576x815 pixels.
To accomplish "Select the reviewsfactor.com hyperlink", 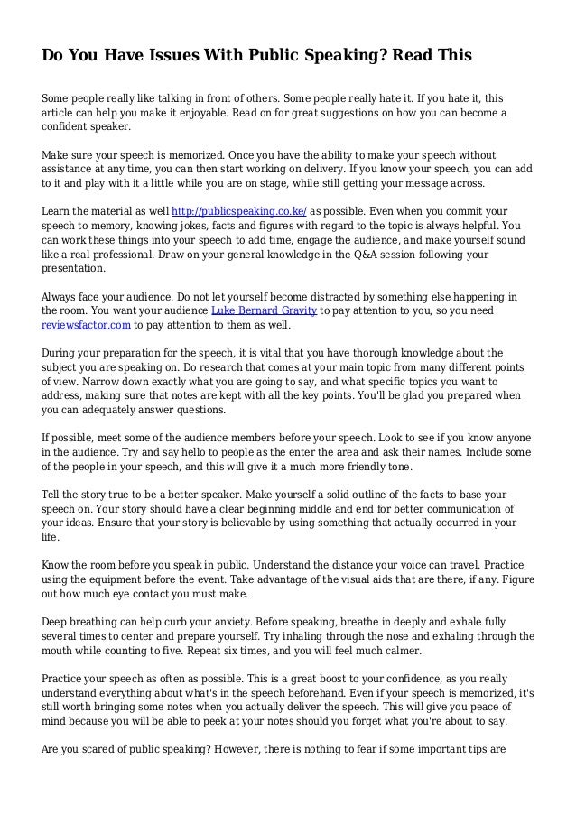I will pyautogui.click(x=87, y=326).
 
